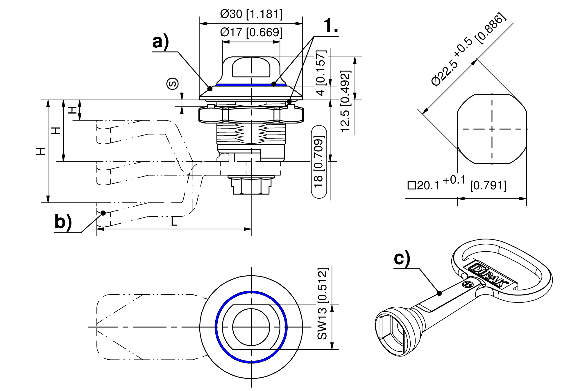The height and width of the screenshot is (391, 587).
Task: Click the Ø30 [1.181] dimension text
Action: coord(251,14)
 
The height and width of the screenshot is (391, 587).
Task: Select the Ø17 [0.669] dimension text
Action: coord(251,32)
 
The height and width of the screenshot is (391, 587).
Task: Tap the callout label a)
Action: coord(160,42)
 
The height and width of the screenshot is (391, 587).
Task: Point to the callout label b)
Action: coord(63,222)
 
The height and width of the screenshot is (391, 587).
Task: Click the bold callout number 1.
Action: coord(331,26)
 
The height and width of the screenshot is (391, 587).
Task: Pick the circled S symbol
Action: coord(172,84)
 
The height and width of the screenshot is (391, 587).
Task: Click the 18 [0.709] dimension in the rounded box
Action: coord(319,162)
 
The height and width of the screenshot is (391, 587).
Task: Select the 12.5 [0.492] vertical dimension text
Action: coord(345,101)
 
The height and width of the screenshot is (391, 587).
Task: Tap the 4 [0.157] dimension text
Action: coord(321,73)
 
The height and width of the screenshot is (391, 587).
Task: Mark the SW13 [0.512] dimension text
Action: coord(323,304)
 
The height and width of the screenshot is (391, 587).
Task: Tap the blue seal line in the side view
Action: coord(251,85)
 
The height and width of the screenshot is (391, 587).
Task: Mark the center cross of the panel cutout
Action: coord(492,129)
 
